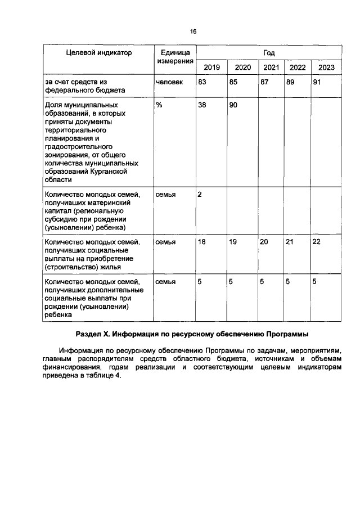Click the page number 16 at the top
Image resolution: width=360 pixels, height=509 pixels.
[x=193, y=32]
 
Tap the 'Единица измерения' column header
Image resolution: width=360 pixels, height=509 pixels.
[x=175, y=57]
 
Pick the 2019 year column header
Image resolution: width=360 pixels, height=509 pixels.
[x=211, y=67]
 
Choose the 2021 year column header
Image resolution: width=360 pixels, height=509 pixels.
[x=271, y=67]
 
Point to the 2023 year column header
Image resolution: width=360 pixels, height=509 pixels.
[x=326, y=67]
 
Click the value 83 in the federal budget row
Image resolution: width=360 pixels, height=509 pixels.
[x=202, y=82]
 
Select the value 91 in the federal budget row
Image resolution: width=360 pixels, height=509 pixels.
[x=317, y=82]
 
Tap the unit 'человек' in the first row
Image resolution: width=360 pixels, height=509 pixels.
[x=169, y=82]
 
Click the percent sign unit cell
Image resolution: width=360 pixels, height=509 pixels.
[x=160, y=105]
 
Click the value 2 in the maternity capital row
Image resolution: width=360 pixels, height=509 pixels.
[x=200, y=195]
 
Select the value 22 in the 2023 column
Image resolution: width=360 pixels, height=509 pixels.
[x=317, y=242]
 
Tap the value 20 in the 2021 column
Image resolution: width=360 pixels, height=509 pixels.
[x=264, y=242]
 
